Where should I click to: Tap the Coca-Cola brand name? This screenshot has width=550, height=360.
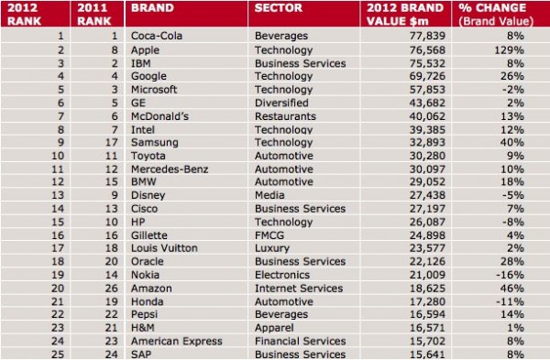159,36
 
